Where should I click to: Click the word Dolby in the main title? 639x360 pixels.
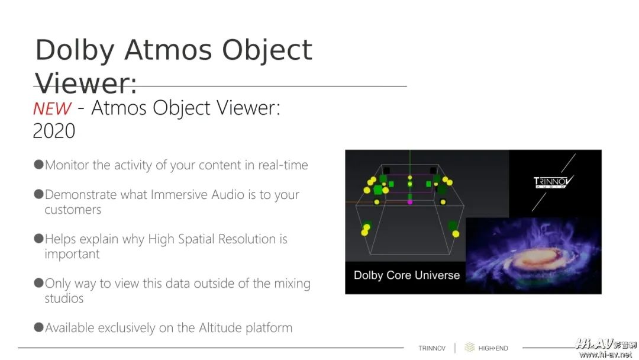(75, 50)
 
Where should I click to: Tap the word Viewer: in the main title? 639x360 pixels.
(86, 83)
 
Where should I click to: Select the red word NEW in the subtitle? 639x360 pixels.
(52, 109)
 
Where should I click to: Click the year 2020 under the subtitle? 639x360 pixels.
(54, 131)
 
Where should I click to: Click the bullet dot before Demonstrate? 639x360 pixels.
(38, 194)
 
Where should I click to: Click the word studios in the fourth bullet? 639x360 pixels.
(64, 298)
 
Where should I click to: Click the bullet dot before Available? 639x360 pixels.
(38, 327)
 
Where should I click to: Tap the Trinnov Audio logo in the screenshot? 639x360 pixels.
(553, 182)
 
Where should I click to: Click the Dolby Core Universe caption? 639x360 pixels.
(406, 275)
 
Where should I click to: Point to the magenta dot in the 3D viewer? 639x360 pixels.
(410, 202)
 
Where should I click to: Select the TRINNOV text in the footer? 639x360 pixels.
(432, 348)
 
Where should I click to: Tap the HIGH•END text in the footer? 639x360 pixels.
(493, 348)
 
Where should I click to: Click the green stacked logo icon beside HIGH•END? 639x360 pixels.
(469, 348)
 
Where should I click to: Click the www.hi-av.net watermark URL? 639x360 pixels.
(605, 355)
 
